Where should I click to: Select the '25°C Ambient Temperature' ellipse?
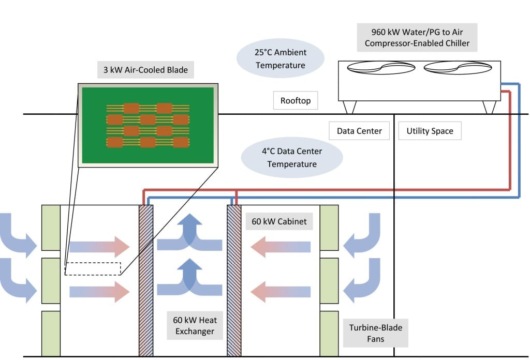coord(281,58)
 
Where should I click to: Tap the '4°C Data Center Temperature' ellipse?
coord(292,157)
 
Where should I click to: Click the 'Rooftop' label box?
coord(295,100)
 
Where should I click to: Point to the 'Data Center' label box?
coord(359,131)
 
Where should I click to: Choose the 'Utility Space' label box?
coord(430,131)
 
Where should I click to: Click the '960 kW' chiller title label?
coord(417,37)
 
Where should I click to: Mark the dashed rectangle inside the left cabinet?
coord(93,268)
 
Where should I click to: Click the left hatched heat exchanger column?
coord(146,280)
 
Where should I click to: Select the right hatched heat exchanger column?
coord(234,280)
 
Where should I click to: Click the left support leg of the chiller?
coord(350,107)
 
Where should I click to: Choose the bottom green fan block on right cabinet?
coord(329,333)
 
